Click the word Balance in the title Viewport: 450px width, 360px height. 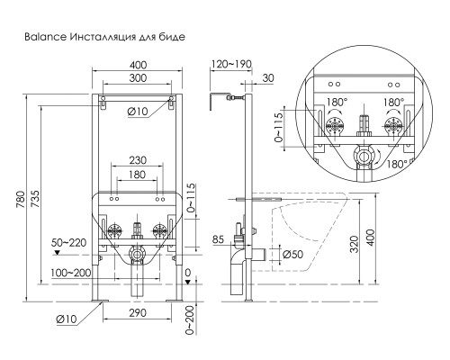click(x=45, y=37)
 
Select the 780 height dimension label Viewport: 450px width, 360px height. click(x=21, y=200)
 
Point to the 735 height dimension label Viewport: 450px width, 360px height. click(x=35, y=199)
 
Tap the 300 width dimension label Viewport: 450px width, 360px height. click(x=138, y=78)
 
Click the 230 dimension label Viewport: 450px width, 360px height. click(x=138, y=160)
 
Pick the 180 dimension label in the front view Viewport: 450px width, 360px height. click(x=137, y=175)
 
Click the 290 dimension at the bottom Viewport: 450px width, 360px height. click(x=138, y=313)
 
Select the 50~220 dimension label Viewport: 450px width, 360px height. click(x=68, y=242)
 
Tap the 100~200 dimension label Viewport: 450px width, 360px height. click(x=70, y=273)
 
